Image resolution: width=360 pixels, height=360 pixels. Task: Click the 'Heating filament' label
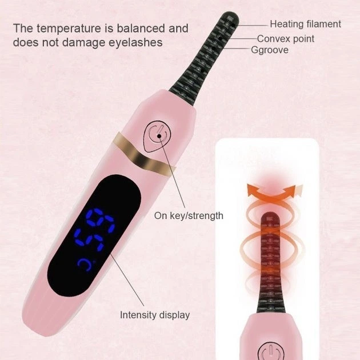click(x=305, y=24)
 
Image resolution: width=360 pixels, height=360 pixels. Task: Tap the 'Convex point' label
click(x=285, y=39)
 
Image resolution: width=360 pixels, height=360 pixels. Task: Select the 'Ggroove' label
click(x=270, y=50)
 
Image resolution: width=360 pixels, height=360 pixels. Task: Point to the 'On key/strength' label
click(x=189, y=216)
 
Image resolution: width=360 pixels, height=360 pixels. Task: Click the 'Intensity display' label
click(x=155, y=315)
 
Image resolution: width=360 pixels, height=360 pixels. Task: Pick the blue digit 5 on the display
click(x=89, y=239)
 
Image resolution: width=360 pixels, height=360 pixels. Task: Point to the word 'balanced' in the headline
click(x=141, y=28)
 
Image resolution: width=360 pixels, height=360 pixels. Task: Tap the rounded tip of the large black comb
click(x=230, y=18)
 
